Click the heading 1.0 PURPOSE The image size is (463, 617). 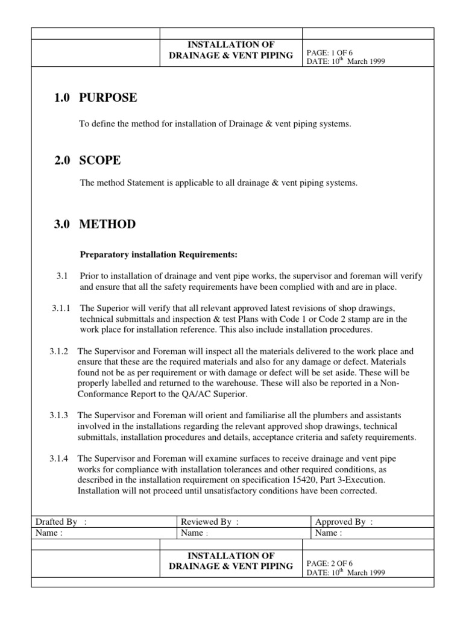click(95, 98)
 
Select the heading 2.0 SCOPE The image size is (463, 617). click(88, 160)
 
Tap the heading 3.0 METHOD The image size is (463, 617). click(94, 225)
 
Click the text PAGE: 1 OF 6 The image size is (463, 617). click(330, 52)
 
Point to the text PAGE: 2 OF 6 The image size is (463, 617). click(330, 563)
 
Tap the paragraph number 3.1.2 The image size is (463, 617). click(59, 351)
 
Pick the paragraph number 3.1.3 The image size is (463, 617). click(59, 416)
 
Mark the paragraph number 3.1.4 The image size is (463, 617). click(59, 459)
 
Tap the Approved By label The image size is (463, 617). click(344, 522)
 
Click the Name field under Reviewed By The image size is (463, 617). click(195, 533)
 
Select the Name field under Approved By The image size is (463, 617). click(329, 533)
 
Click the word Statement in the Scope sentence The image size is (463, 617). click(140, 183)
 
